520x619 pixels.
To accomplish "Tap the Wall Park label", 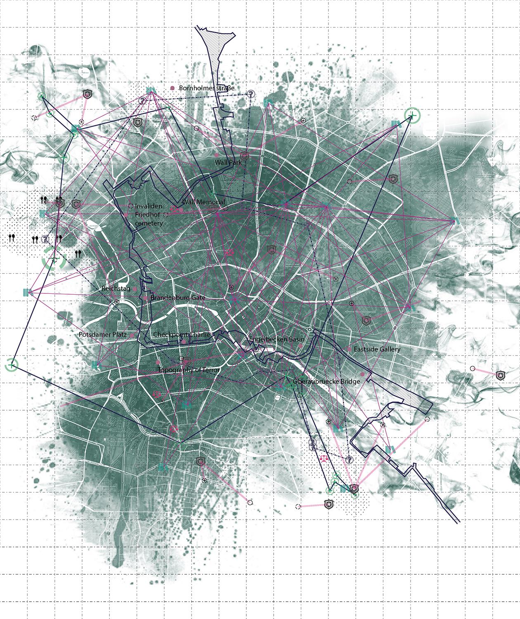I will [228, 163].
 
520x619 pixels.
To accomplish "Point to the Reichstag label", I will [116, 288].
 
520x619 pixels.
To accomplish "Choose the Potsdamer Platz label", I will [102, 334].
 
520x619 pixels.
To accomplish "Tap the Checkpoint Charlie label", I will [181, 334].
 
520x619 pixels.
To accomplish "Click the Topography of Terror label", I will [189, 370].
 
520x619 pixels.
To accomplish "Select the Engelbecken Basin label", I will [277, 339].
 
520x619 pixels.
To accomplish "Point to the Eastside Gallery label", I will [377, 349].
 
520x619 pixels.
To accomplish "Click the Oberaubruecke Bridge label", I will [326, 381].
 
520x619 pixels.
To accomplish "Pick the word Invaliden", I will [149, 206].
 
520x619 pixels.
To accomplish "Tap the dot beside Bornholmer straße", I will [173, 88].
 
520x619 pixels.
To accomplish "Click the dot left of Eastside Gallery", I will [349, 349].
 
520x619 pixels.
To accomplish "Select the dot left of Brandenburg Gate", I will [145, 298].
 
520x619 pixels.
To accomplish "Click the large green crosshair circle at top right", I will [412, 115].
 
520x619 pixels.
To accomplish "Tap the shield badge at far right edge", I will [500, 375].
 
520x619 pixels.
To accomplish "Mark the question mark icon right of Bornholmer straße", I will [251, 95].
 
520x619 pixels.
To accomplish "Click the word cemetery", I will [149, 223].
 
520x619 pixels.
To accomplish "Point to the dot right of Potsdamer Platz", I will [132, 335].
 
